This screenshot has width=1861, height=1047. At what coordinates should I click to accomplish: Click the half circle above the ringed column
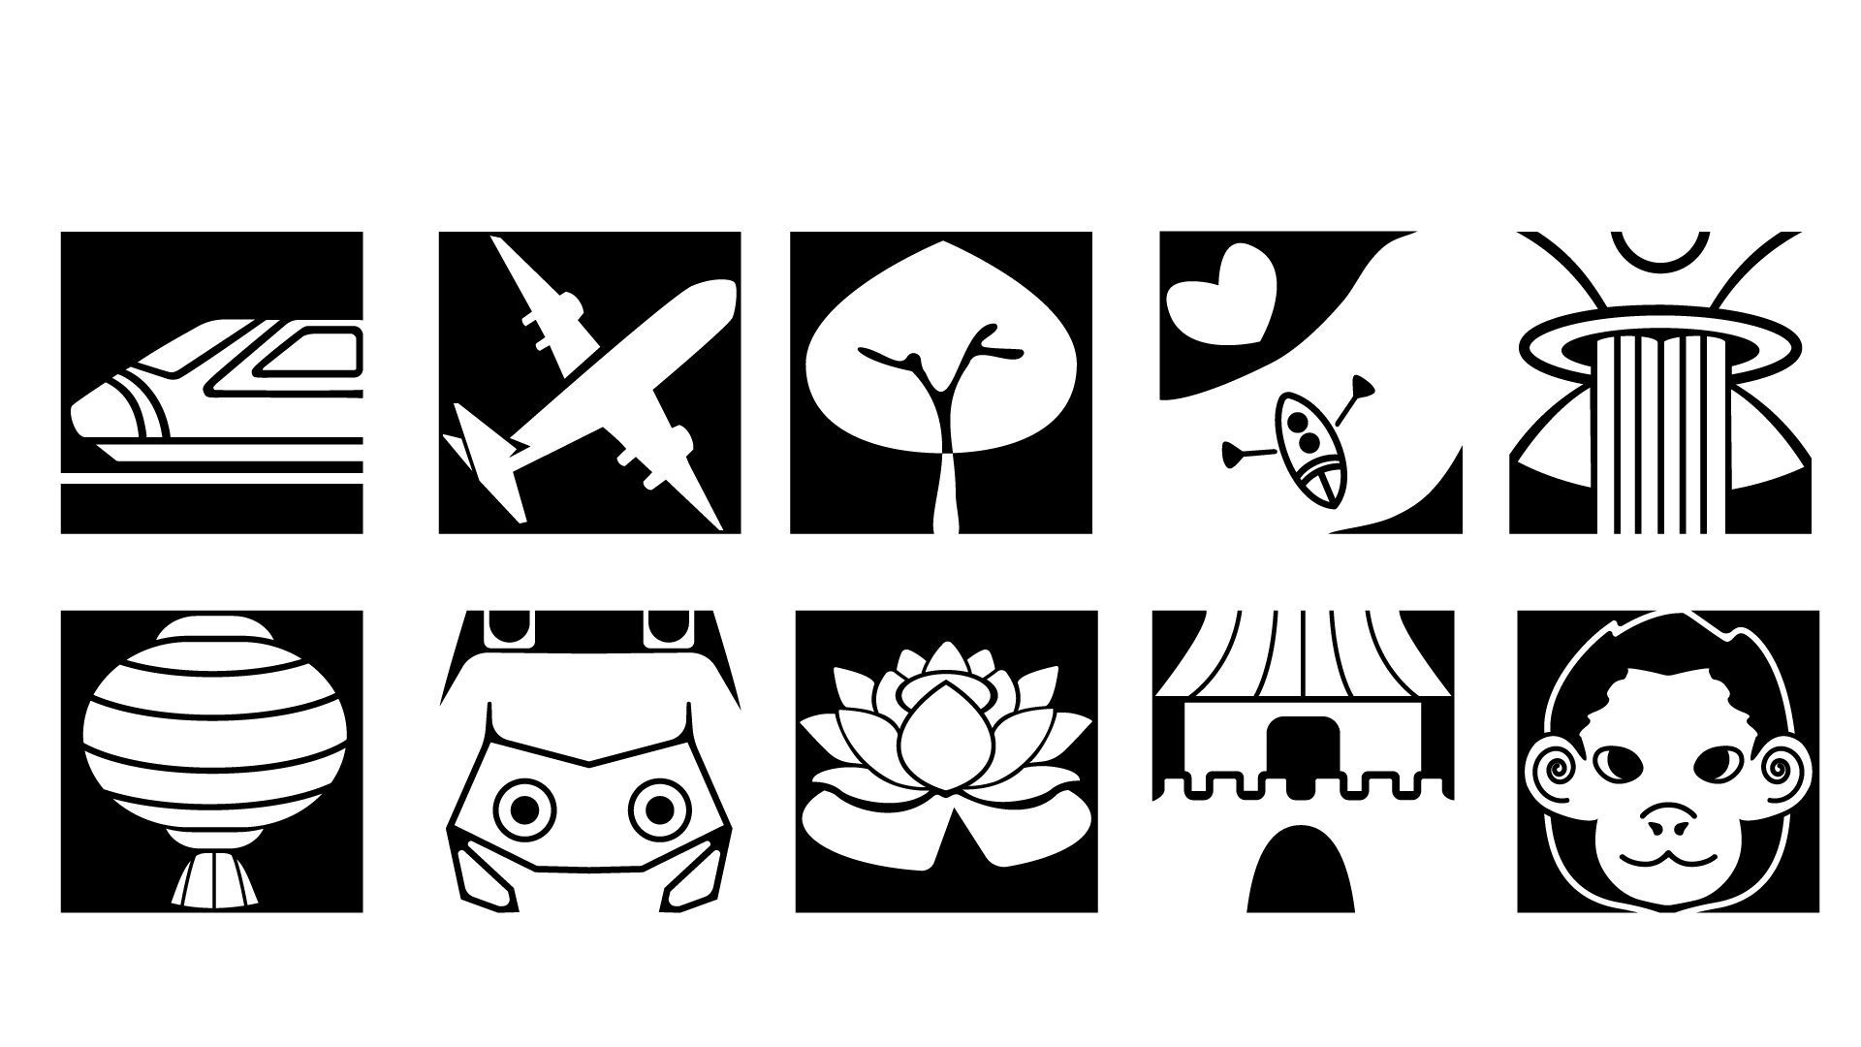point(1660,247)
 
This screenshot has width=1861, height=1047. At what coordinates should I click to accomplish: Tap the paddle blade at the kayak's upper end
point(1362,389)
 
